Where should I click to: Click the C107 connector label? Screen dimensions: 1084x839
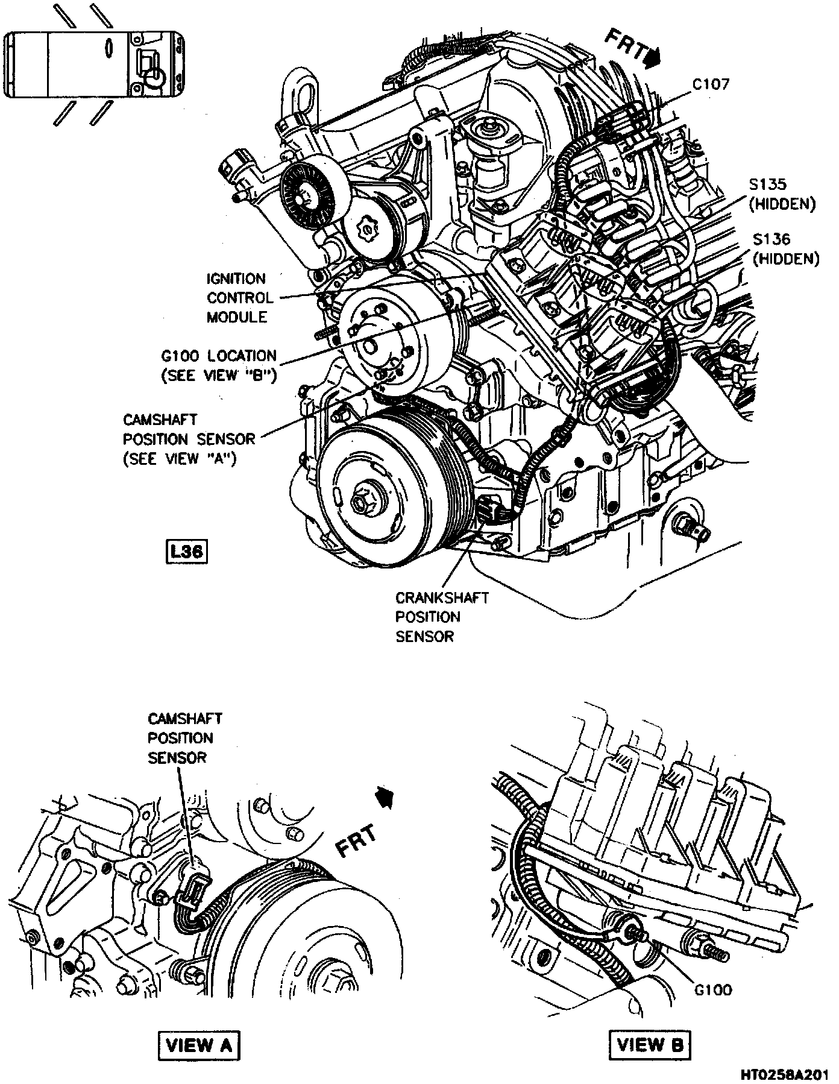pos(710,84)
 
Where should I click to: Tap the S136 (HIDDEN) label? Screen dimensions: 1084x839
pos(785,248)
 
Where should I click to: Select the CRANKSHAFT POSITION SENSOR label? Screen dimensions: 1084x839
pos(441,617)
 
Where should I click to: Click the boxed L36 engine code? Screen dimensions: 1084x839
pos(186,552)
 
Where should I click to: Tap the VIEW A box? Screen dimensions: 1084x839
pos(198,1045)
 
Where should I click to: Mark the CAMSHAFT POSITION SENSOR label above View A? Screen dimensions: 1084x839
pos(184,738)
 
